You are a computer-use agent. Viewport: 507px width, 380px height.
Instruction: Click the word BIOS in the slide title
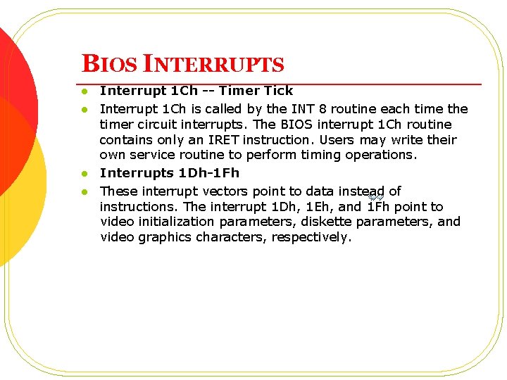[x=110, y=64]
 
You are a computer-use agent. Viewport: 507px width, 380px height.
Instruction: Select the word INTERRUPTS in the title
[x=213, y=64]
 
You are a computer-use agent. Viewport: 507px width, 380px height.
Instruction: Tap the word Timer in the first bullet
[x=240, y=90]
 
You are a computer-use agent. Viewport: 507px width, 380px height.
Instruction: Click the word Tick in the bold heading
[x=278, y=90]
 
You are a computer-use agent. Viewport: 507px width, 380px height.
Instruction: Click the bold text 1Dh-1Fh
[x=209, y=173]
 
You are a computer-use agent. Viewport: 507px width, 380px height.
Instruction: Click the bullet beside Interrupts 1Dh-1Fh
[x=83, y=174]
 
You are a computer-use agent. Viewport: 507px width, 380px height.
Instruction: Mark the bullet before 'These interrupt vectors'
[x=83, y=192]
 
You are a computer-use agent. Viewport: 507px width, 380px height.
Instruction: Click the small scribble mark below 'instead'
[x=375, y=198]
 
